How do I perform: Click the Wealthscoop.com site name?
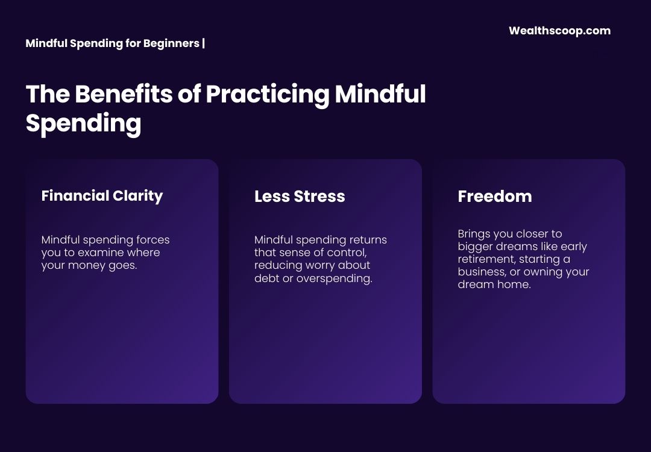click(x=559, y=31)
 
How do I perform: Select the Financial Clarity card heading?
click(x=102, y=196)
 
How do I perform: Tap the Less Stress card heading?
click(x=300, y=196)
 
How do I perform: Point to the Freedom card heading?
click(x=494, y=196)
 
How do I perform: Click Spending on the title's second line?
click(x=83, y=124)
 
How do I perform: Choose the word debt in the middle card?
click(x=266, y=278)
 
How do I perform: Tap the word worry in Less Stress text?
click(x=315, y=266)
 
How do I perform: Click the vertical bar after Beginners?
click(x=204, y=43)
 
